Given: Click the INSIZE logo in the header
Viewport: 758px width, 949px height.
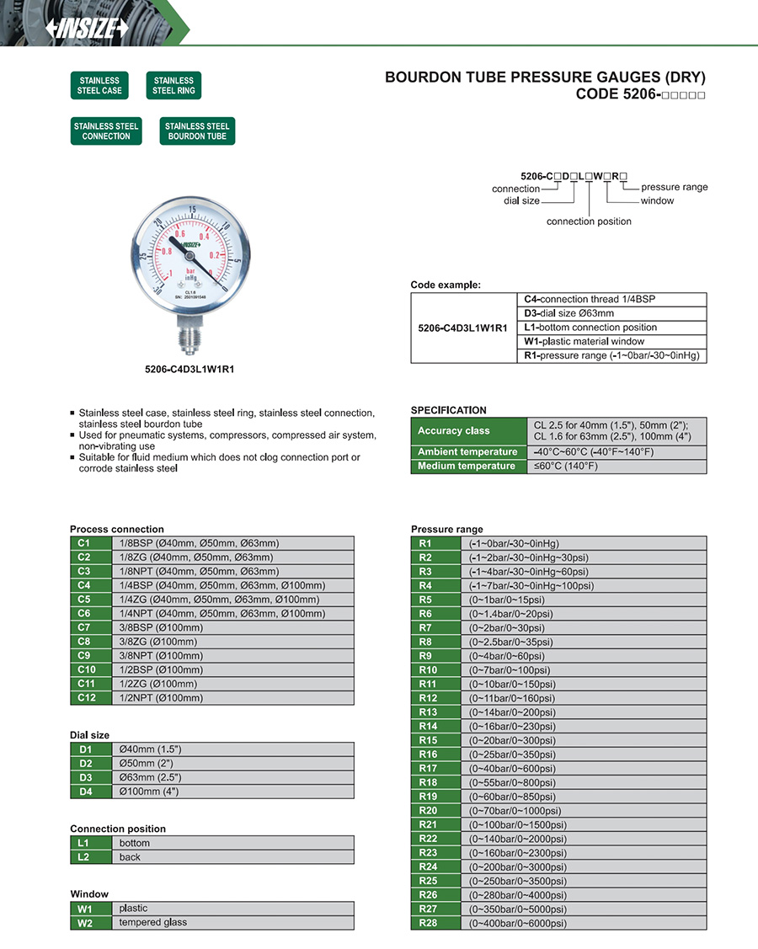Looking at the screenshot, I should (88, 28).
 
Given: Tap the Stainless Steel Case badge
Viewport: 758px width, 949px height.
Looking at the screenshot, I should (100, 86).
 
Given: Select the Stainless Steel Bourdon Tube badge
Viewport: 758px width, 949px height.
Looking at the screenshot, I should (197, 131).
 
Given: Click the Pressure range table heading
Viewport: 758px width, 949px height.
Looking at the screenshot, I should (447, 530).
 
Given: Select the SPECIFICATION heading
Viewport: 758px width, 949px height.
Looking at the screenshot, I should (449, 410).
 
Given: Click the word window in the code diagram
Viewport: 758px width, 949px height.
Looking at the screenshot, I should (657, 201).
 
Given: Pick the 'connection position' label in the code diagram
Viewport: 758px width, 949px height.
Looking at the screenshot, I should (589, 221).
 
